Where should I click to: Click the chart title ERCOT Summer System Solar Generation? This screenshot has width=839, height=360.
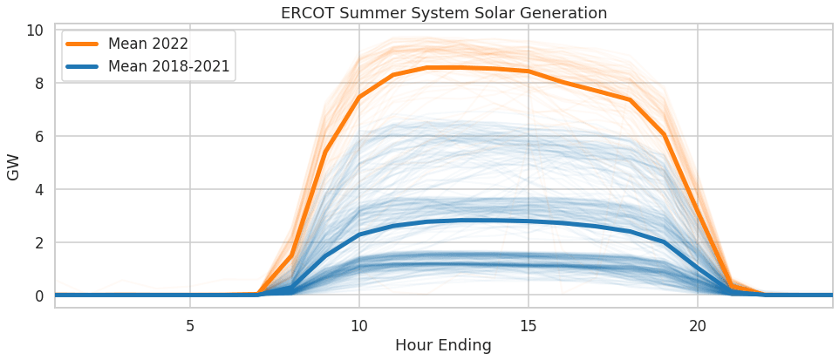pyautogui.click(x=444, y=13)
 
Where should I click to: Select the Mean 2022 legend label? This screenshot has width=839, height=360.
pyautogui.click(x=148, y=44)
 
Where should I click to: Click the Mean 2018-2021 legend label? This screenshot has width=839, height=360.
pyautogui.click(x=170, y=66)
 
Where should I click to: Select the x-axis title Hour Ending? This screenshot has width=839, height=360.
pyautogui.click(x=443, y=345)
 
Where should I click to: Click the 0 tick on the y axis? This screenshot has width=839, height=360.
pyautogui.click(x=38, y=295)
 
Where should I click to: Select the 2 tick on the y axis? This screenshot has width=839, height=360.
pyautogui.click(x=38, y=242)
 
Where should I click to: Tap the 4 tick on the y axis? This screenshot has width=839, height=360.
pyautogui.click(x=38, y=189)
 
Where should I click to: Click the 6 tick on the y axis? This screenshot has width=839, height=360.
pyautogui.click(x=38, y=136)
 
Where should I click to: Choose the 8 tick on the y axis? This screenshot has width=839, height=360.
pyautogui.click(x=38, y=83)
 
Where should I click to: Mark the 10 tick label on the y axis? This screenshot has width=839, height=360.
pyautogui.click(x=34, y=30)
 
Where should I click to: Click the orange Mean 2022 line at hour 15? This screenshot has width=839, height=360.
pyautogui.click(x=528, y=71)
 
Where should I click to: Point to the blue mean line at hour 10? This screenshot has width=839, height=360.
pyautogui.click(x=358, y=234)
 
